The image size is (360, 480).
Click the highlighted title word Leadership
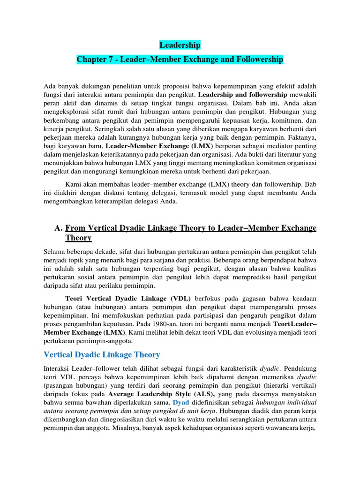point(180,45)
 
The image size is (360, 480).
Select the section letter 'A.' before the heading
point(59,228)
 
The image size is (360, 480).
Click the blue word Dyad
point(181,403)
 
